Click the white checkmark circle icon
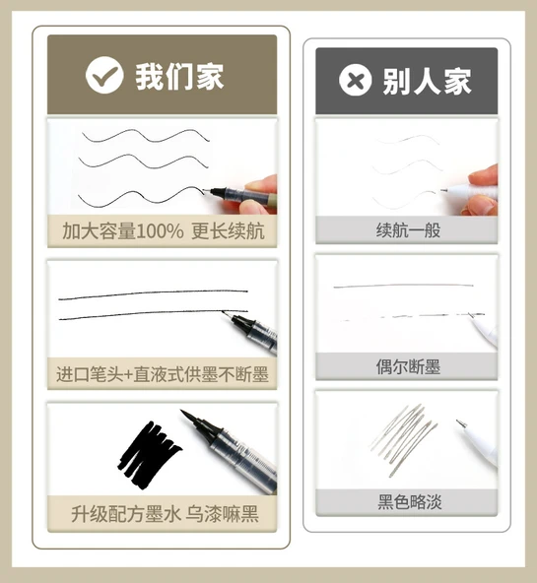click(x=104, y=75)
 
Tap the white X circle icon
click(x=355, y=80)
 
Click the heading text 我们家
click(x=179, y=76)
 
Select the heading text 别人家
click(x=427, y=81)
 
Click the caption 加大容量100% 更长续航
click(x=164, y=231)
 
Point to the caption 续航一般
click(x=408, y=230)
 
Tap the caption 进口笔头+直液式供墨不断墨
click(x=163, y=374)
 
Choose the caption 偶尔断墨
click(x=408, y=367)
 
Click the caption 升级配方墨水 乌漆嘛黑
click(x=165, y=514)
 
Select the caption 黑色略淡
click(x=410, y=502)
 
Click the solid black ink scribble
click(x=149, y=454)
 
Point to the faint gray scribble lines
click(x=404, y=439)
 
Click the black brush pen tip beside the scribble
click(x=193, y=421)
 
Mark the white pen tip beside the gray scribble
click(x=461, y=423)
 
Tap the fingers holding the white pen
click(x=482, y=190)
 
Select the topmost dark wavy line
click(x=146, y=136)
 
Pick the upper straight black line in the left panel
click(x=153, y=294)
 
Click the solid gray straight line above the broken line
click(x=404, y=286)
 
